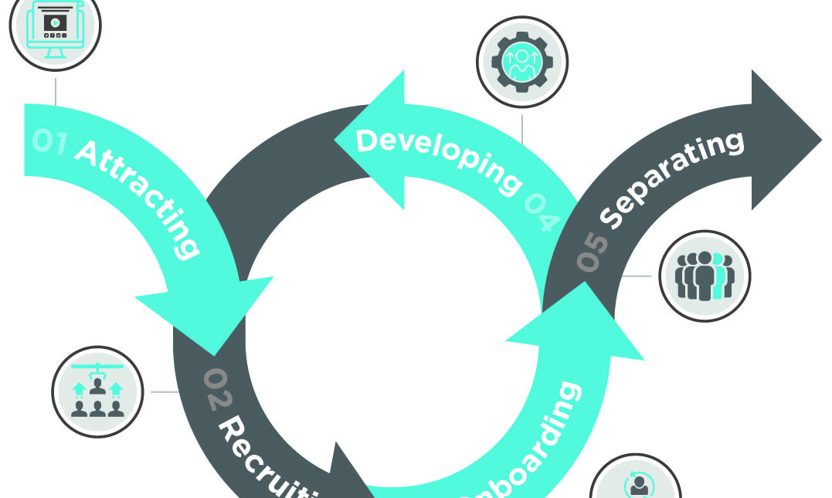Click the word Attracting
(x=139, y=197)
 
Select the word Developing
(x=437, y=158)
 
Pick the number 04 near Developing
(x=543, y=212)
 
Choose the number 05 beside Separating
(x=592, y=251)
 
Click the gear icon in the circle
(x=522, y=61)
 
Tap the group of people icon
(x=704, y=276)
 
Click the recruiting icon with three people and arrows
(x=97, y=391)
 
